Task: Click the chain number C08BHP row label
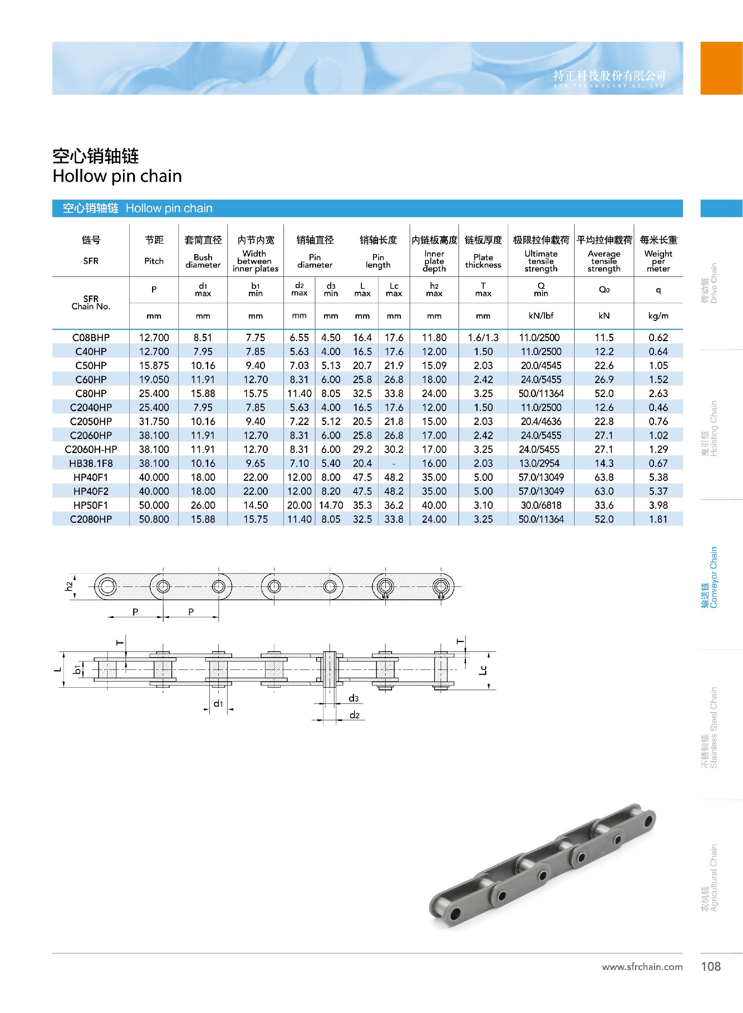91,338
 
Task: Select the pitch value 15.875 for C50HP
154,366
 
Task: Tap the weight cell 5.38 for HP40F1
658,477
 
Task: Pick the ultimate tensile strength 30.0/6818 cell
541,505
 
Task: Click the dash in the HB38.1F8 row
394,463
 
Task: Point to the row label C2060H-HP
91,449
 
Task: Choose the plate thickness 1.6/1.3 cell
483,338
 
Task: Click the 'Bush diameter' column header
203,261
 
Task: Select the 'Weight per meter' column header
658,261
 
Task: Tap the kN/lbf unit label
541,316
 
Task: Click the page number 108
710,966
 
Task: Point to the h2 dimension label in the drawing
68,586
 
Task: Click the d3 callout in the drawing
354,698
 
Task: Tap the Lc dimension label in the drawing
483,670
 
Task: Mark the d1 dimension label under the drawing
218,703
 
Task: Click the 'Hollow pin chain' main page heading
117,176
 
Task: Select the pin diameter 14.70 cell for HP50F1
330,505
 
